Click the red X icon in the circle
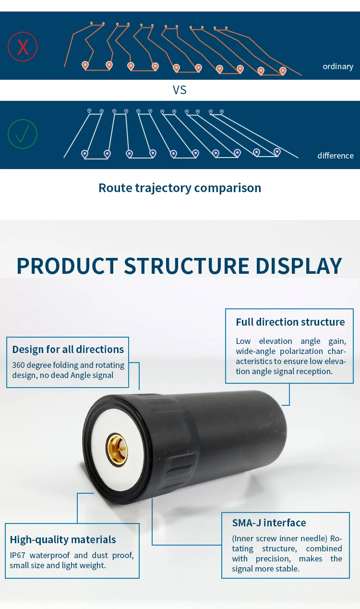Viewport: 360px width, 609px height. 23,47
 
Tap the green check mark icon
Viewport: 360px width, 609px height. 23,134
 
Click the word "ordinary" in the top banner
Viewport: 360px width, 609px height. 337,66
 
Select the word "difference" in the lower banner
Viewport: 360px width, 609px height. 335,156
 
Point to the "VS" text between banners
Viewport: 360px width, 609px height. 180,90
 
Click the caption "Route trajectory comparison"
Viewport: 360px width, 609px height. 180,188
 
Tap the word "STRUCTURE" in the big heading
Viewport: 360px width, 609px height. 187,266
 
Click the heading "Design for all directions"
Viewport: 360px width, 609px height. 68,349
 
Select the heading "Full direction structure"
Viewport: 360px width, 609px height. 290,322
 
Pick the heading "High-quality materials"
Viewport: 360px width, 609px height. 63,539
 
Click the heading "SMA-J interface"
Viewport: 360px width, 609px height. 269,523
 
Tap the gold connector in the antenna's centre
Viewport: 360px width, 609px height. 117,449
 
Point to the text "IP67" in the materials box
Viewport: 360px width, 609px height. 18,555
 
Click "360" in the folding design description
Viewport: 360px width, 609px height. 19,365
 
